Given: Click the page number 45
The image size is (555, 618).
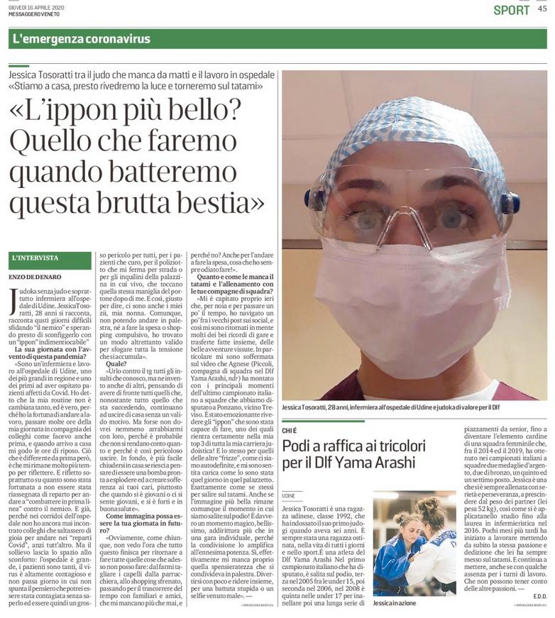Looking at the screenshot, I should tap(542, 9).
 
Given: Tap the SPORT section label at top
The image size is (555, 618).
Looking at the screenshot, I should tap(511, 10).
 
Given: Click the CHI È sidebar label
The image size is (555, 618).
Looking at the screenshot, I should tap(289, 430).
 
